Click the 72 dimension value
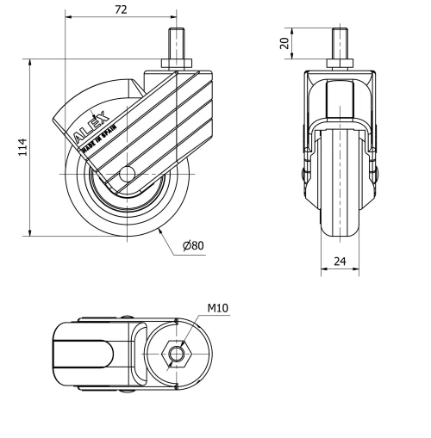(121, 9)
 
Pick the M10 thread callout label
(217, 307)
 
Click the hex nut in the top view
(177, 353)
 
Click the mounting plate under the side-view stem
(178, 65)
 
